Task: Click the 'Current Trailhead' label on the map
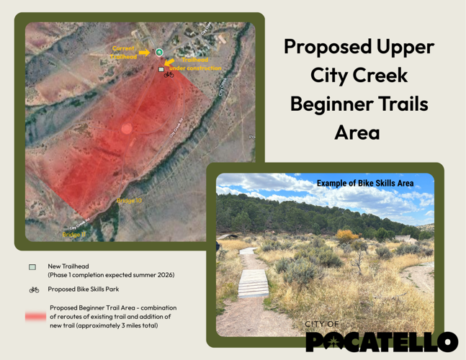pyautogui.click(x=124, y=53)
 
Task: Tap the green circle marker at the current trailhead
pyautogui.click(x=159, y=52)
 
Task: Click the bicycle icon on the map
pyautogui.click(x=169, y=74)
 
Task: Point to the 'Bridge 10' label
pyautogui.click(x=130, y=201)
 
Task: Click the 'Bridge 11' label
pyautogui.click(x=73, y=234)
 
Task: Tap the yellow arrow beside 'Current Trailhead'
pyautogui.click(x=144, y=52)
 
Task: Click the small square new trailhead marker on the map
pyautogui.click(x=161, y=69)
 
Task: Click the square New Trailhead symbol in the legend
pyautogui.click(x=33, y=267)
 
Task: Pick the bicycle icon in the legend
pyautogui.click(x=34, y=289)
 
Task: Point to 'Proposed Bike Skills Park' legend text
pyautogui.click(x=83, y=289)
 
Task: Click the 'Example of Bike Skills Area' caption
pyautogui.click(x=364, y=184)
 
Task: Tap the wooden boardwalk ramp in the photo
pyautogui.click(x=253, y=284)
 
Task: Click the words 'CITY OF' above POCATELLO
pyautogui.click(x=321, y=325)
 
